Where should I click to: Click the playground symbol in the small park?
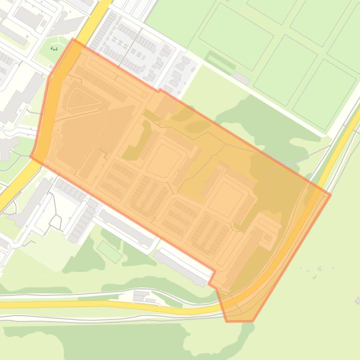(x=54, y=48)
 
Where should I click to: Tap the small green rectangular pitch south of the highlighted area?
(x=109, y=252)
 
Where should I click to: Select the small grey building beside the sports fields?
(x=241, y=78)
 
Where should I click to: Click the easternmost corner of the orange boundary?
(x=331, y=194)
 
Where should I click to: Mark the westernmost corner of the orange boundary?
(x=31, y=157)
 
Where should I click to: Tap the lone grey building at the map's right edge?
(x=358, y=300)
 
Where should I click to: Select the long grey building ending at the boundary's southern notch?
(x=183, y=267)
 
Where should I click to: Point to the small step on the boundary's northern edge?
(x=159, y=90)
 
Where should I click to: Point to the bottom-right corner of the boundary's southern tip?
(x=253, y=321)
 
